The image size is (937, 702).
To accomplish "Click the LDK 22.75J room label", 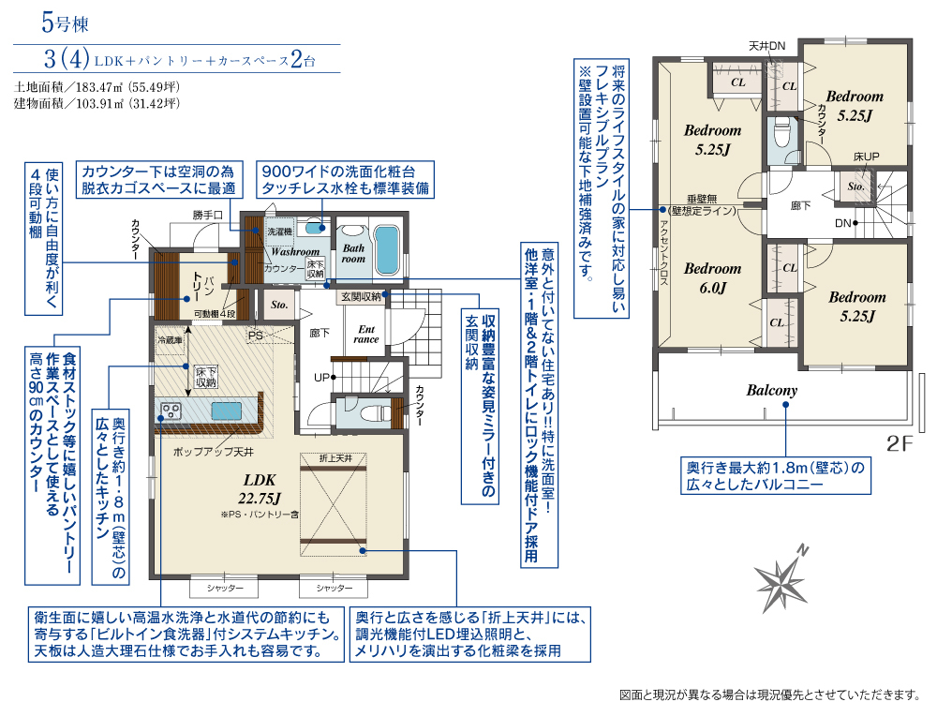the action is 260,488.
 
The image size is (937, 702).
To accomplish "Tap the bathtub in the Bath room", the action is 386,250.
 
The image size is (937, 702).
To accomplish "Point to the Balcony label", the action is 771,391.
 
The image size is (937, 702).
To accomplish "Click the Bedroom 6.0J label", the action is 712,278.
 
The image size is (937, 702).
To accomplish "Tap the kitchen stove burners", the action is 171,411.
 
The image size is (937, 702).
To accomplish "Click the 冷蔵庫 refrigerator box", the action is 170,340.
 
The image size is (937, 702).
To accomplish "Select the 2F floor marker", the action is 900,443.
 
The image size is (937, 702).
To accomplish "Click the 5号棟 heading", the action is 66,22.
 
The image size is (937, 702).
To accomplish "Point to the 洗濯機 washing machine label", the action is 279,232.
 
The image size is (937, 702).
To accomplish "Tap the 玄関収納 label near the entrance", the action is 361,296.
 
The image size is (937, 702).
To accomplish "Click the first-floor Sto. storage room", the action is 279,305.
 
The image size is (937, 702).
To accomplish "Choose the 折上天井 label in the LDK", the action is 335,458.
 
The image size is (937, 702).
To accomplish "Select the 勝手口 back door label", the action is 207,215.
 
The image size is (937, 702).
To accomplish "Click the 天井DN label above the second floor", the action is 767,46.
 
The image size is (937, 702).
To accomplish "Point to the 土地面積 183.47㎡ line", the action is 97,87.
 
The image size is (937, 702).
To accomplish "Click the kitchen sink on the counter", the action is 227,411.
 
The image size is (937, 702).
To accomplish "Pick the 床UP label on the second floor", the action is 866,157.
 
